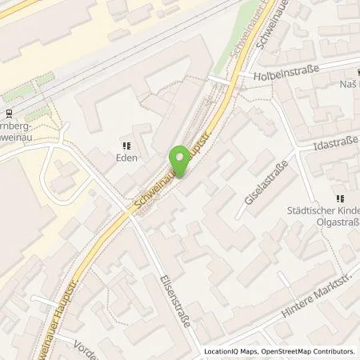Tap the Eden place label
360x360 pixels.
coord(125,158)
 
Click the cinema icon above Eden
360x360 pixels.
coord(125,145)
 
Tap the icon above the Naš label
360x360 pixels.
coord(343,71)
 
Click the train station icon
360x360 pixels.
coord(9,113)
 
